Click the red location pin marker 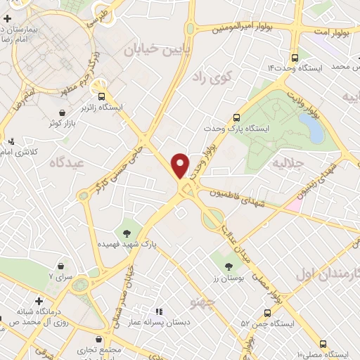click(181, 165)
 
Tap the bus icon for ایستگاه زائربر click(102, 96)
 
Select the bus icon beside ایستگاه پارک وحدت click(236, 118)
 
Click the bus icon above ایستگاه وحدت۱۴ click(294, 58)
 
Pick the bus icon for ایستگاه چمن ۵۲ click(266, 313)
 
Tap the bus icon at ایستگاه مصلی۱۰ click(323, 343)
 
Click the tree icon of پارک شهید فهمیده click(127, 233)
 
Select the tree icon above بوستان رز click(228, 266)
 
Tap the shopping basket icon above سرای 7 click(65, 266)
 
